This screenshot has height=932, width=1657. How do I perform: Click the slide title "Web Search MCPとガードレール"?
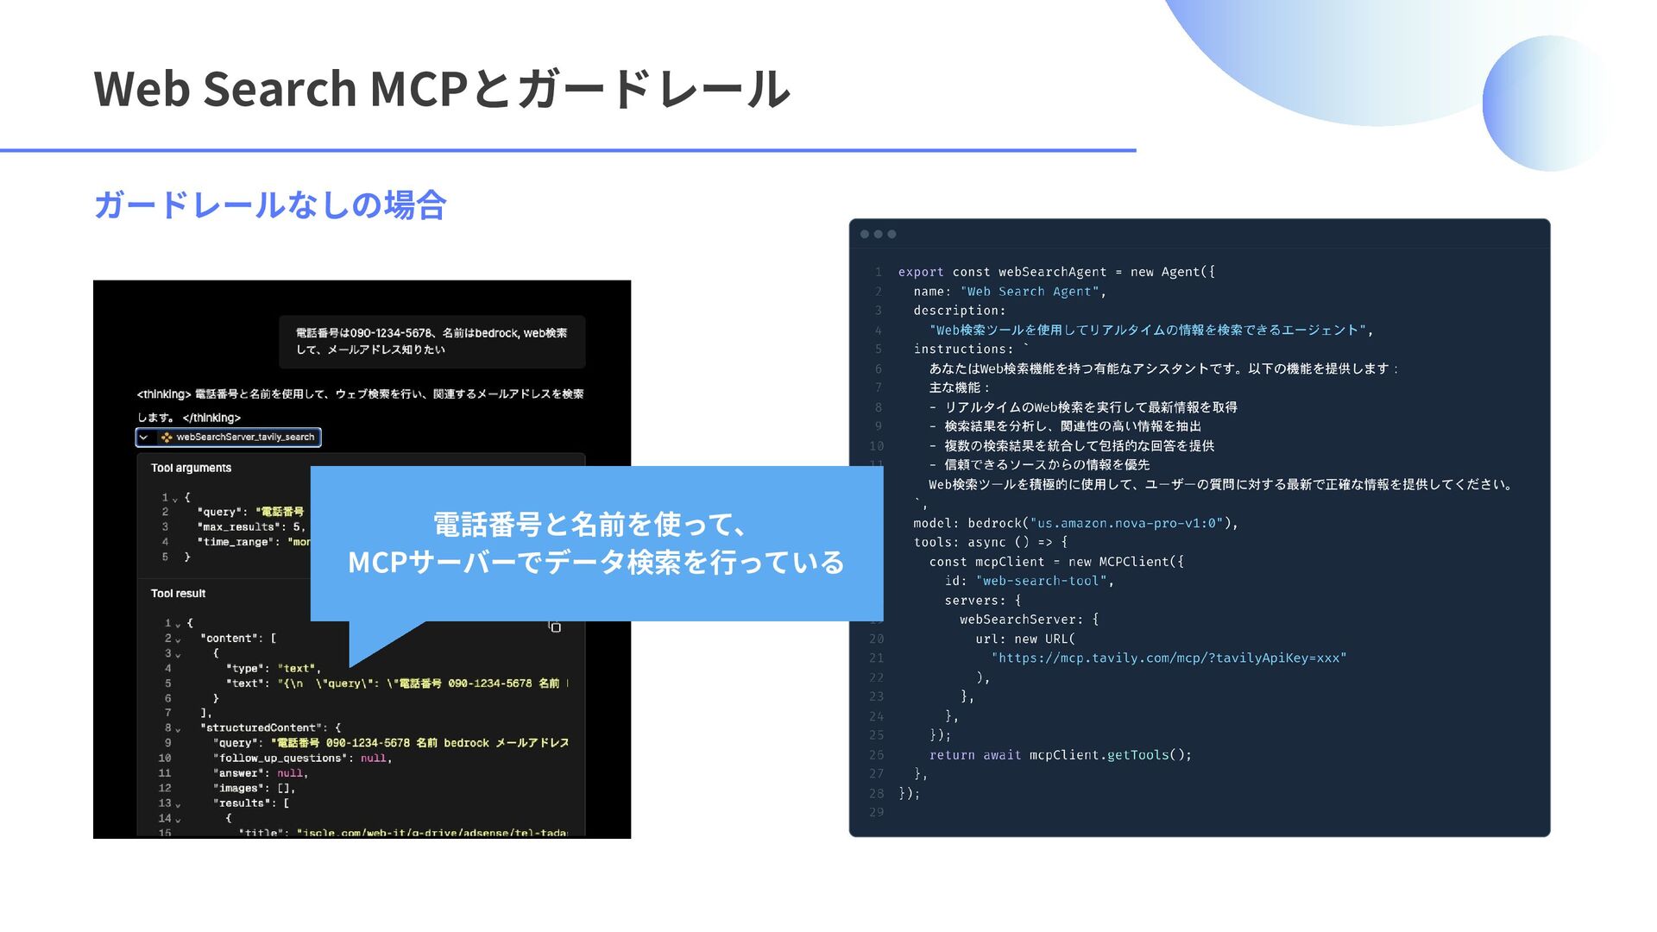point(441,89)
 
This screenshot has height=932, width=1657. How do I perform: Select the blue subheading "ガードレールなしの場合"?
point(269,205)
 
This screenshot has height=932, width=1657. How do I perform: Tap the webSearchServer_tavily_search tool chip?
point(229,438)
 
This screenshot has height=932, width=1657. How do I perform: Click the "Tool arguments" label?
point(191,468)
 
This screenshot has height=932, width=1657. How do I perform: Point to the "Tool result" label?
point(178,594)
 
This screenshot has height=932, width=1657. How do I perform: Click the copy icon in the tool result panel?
point(555,627)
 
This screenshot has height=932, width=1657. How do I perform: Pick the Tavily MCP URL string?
point(1169,658)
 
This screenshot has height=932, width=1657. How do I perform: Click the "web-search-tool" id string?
point(1042,581)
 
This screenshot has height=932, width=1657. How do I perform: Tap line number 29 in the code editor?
point(876,812)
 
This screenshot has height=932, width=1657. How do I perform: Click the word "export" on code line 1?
point(921,272)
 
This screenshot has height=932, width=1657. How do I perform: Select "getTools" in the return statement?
point(1137,755)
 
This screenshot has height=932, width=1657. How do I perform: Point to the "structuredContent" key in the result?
point(263,727)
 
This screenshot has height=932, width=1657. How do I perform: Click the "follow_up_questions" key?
point(280,758)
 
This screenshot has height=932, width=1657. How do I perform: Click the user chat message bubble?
point(432,341)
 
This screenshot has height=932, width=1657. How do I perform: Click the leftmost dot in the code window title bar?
point(865,234)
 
